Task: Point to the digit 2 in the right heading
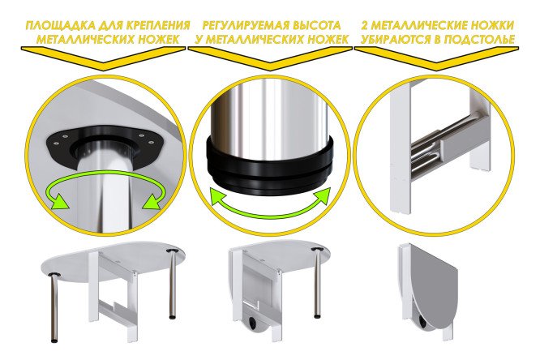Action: (x=365, y=25)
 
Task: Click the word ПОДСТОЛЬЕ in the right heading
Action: (x=479, y=39)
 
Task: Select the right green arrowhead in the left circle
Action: (x=152, y=201)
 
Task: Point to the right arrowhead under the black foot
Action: (x=322, y=197)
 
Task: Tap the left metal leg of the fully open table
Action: (x=55, y=307)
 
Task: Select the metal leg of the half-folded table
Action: (x=317, y=282)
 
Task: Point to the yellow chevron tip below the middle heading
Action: (x=270, y=62)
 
